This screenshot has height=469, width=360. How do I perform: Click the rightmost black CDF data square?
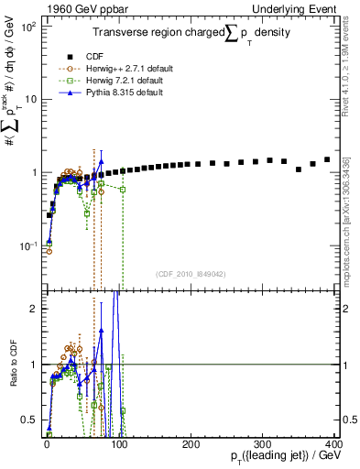tap(327, 159)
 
